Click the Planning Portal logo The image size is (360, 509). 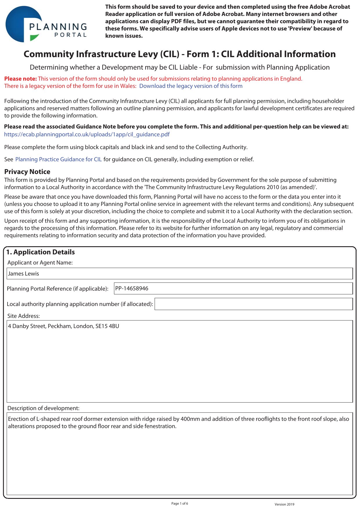pos(46,24)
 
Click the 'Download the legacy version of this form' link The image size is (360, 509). pos(191,86)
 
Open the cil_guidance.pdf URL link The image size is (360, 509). pos(87,135)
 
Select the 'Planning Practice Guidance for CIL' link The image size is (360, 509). pos(58,160)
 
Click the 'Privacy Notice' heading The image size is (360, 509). pos(27,172)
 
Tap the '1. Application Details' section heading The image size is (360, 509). pos(40,252)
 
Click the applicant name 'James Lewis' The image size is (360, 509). pos(23,274)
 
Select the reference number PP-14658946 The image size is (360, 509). pos(132,289)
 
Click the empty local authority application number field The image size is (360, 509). pos(253,304)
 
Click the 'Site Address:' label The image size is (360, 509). pos(23,316)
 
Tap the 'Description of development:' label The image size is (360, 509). pos(43,408)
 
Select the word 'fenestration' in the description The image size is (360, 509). pos(159,426)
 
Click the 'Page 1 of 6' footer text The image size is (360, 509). pos(180,503)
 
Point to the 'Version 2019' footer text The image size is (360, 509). pos(284,504)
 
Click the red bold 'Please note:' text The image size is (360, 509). pos(21,79)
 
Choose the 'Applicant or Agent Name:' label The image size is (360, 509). pos(40,263)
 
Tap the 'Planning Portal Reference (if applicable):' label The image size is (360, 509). pos(57,289)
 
